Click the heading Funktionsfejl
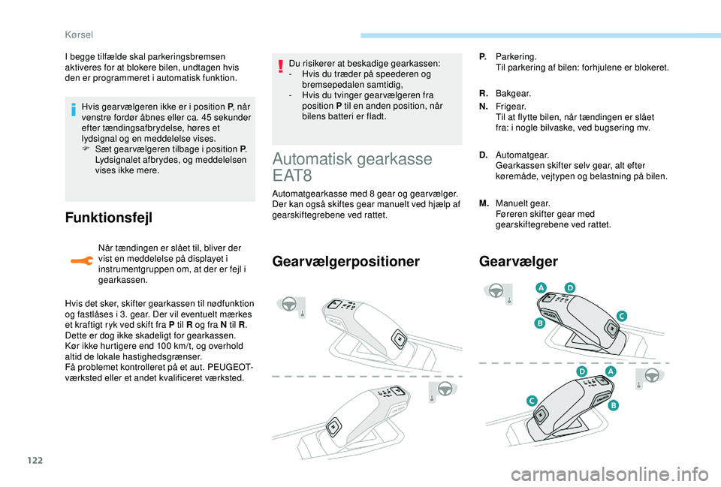[x=109, y=218]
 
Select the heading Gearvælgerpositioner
[x=346, y=261]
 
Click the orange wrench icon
[x=79, y=260]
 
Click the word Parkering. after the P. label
[x=516, y=57]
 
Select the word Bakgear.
[x=514, y=94]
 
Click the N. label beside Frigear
[x=483, y=107]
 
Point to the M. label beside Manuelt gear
[x=484, y=203]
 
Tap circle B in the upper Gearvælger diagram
[x=539, y=323]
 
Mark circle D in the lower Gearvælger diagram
[x=582, y=372]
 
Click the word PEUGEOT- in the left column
[x=228, y=367]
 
